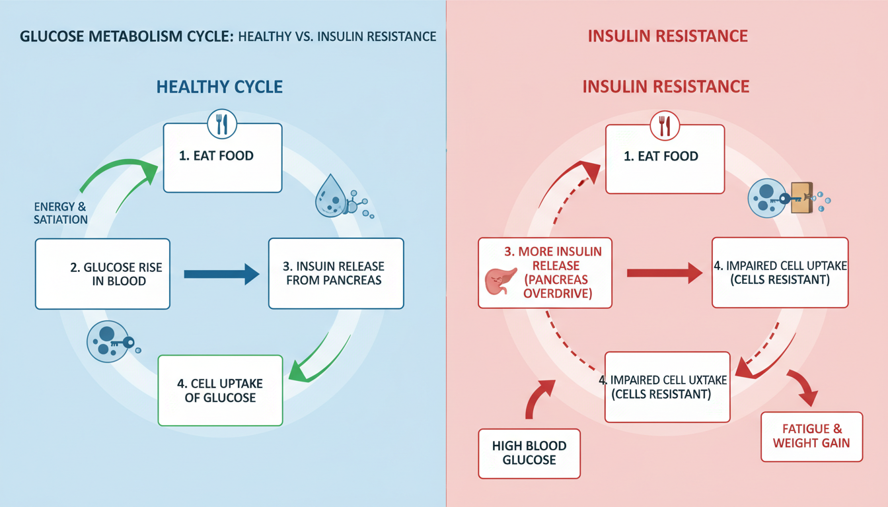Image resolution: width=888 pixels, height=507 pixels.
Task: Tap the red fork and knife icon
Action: [x=664, y=125]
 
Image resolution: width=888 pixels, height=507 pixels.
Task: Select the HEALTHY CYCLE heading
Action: [x=219, y=86]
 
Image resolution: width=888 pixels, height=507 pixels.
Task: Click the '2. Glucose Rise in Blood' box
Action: [x=102, y=274]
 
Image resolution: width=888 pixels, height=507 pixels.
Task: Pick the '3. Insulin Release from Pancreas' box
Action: [x=336, y=273]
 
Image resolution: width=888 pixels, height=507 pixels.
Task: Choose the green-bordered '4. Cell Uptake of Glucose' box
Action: [x=220, y=390]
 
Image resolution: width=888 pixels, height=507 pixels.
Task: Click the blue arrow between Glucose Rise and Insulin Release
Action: [x=221, y=273]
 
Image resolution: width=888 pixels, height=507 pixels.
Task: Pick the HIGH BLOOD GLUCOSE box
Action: [x=529, y=454]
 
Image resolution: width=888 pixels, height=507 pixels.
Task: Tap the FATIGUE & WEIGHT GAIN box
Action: [x=812, y=436]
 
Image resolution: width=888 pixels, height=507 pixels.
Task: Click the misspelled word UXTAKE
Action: [x=691, y=380]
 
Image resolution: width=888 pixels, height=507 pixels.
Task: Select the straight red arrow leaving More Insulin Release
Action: [x=664, y=272]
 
